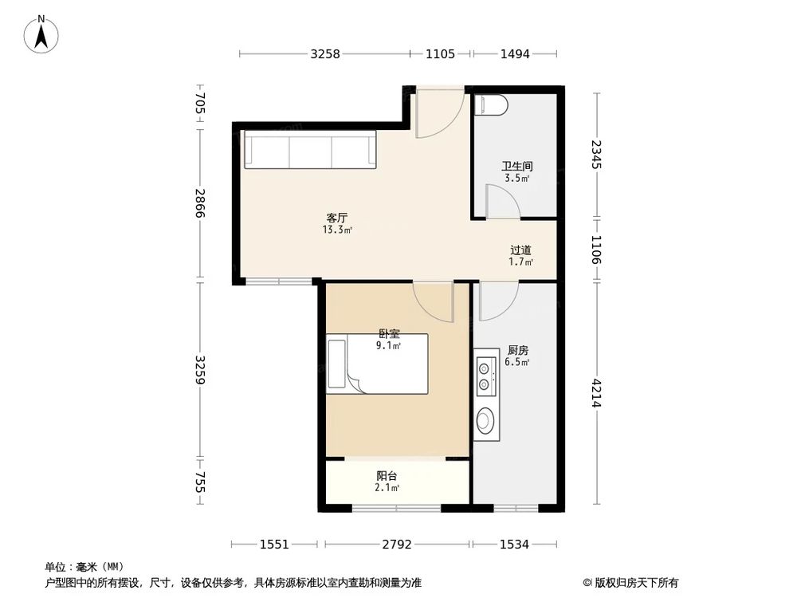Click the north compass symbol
[x=41, y=35]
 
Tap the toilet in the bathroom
[x=490, y=105]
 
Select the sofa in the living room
[x=310, y=151]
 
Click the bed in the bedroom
[x=377, y=364]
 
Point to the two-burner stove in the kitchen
[x=484, y=376]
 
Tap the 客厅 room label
[x=336, y=217]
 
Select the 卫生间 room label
[x=516, y=167]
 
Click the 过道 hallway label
[x=520, y=250]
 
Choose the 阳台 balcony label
[x=387, y=476]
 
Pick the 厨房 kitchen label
[x=517, y=350]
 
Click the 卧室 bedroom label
[x=389, y=334]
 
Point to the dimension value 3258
[x=325, y=54]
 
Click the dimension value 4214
[x=595, y=392]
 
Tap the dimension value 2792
[x=397, y=545]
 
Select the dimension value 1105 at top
[x=440, y=54]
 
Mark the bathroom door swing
[x=501, y=203]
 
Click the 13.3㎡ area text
[x=337, y=230]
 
